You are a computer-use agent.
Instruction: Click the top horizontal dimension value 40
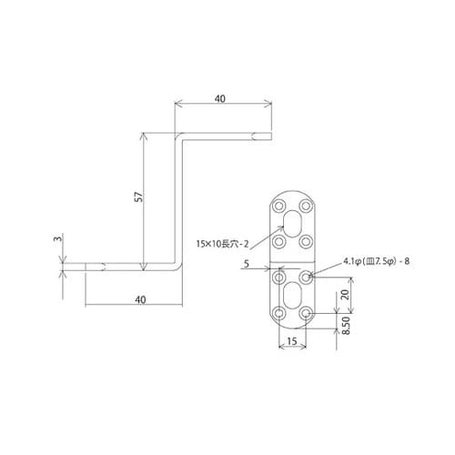click(x=222, y=97)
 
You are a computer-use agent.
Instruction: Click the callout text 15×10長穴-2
click(x=221, y=243)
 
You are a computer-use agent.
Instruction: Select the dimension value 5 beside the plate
click(x=248, y=265)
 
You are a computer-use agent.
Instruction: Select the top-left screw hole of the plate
click(x=279, y=206)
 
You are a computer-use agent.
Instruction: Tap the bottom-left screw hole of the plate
click(x=279, y=314)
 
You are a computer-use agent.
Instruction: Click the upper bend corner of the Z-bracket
click(x=177, y=137)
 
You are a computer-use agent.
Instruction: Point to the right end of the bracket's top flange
click(x=269, y=136)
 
